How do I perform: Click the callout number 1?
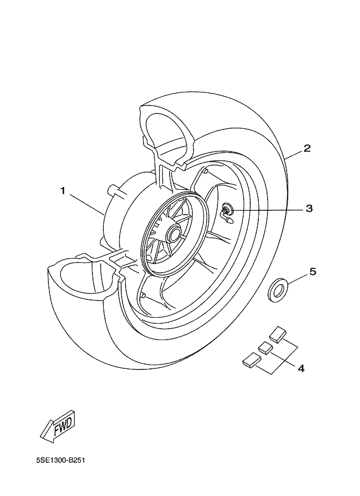coord(63,191)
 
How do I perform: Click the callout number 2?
coord(307,148)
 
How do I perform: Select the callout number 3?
coord(309,209)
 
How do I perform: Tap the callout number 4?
coord(301,368)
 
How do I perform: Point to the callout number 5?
coord(313,272)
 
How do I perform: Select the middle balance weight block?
coord(265,348)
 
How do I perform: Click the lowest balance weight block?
coord(252,361)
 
